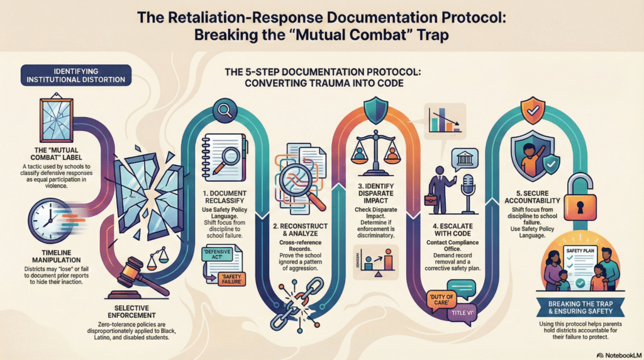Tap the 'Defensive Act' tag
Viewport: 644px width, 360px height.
pyautogui.click(x=219, y=255)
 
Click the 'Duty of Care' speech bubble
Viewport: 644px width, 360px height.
pyautogui.click(x=444, y=298)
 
